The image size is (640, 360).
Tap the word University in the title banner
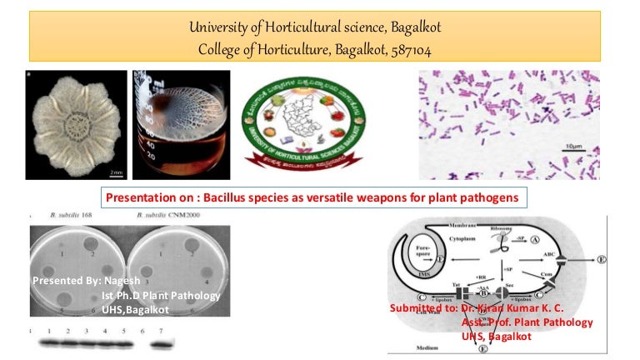218,27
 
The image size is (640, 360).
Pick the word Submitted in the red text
419,308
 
